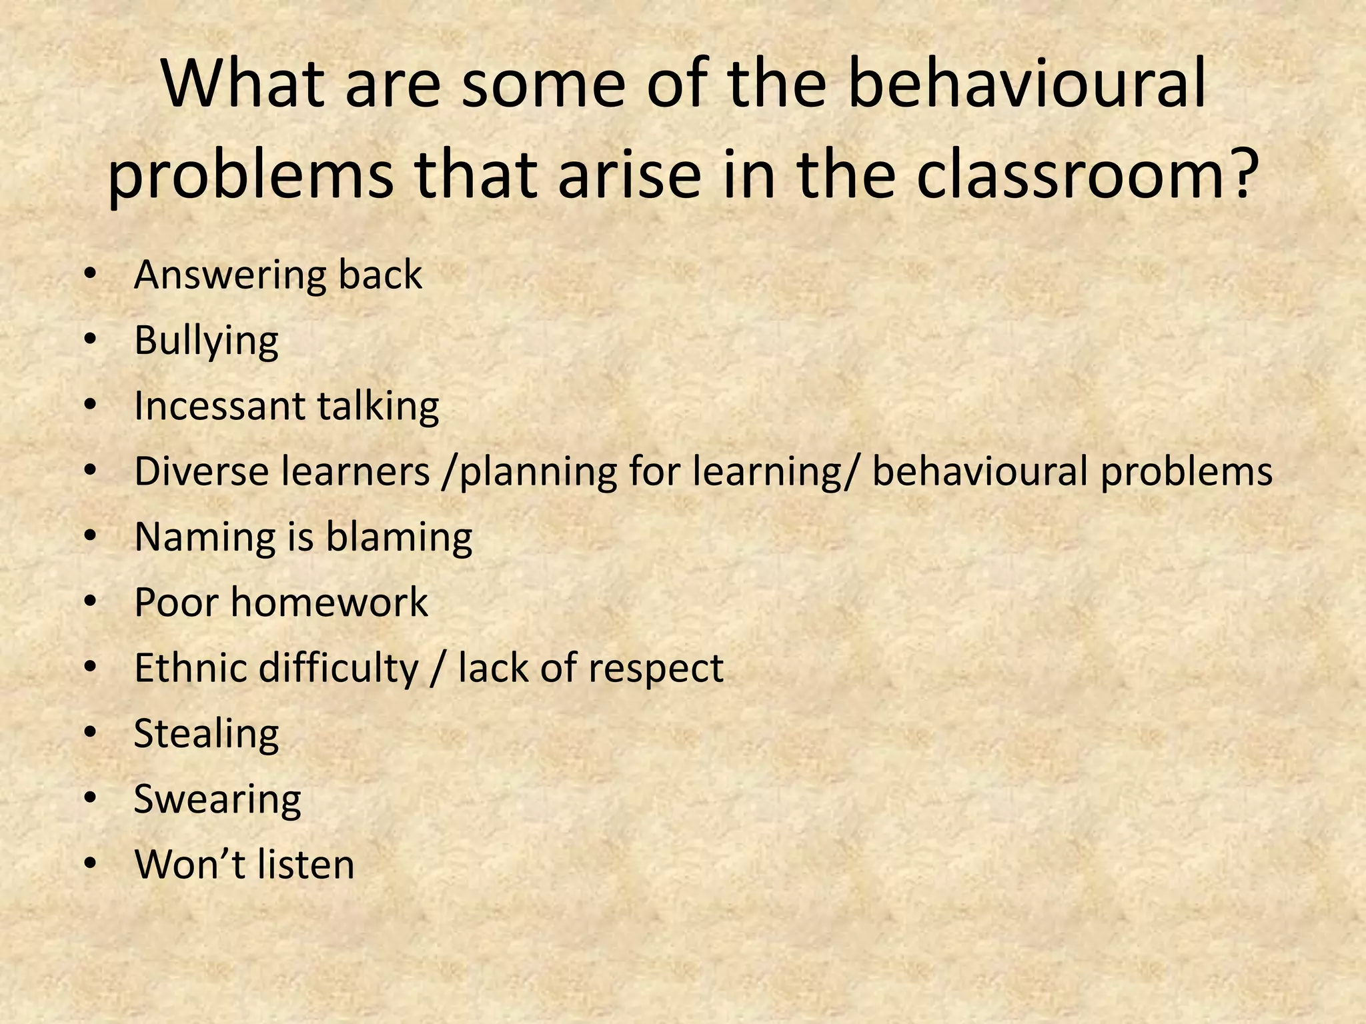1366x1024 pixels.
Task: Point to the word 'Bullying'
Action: (x=206, y=342)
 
